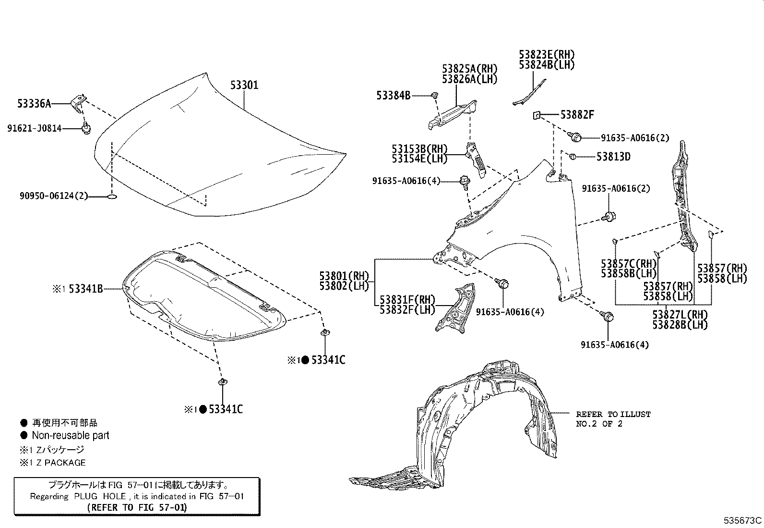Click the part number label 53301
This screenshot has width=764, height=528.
click(244, 86)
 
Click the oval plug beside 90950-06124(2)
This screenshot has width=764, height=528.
click(111, 196)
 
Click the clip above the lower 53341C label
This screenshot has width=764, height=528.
click(222, 382)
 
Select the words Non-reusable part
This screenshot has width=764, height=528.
click(70, 436)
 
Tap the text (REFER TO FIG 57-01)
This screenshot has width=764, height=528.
click(137, 507)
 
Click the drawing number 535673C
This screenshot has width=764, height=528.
click(743, 520)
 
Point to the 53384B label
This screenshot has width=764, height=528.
click(393, 96)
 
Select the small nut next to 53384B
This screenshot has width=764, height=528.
click(434, 96)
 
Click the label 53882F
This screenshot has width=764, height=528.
click(577, 115)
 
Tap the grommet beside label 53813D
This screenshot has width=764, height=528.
click(572, 156)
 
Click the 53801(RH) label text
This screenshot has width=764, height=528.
click(344, 276)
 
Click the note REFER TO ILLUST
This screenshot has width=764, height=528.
click(613, 414)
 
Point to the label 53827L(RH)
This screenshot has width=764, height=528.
click(680, 315)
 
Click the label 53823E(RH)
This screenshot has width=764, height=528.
click(546, 54)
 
